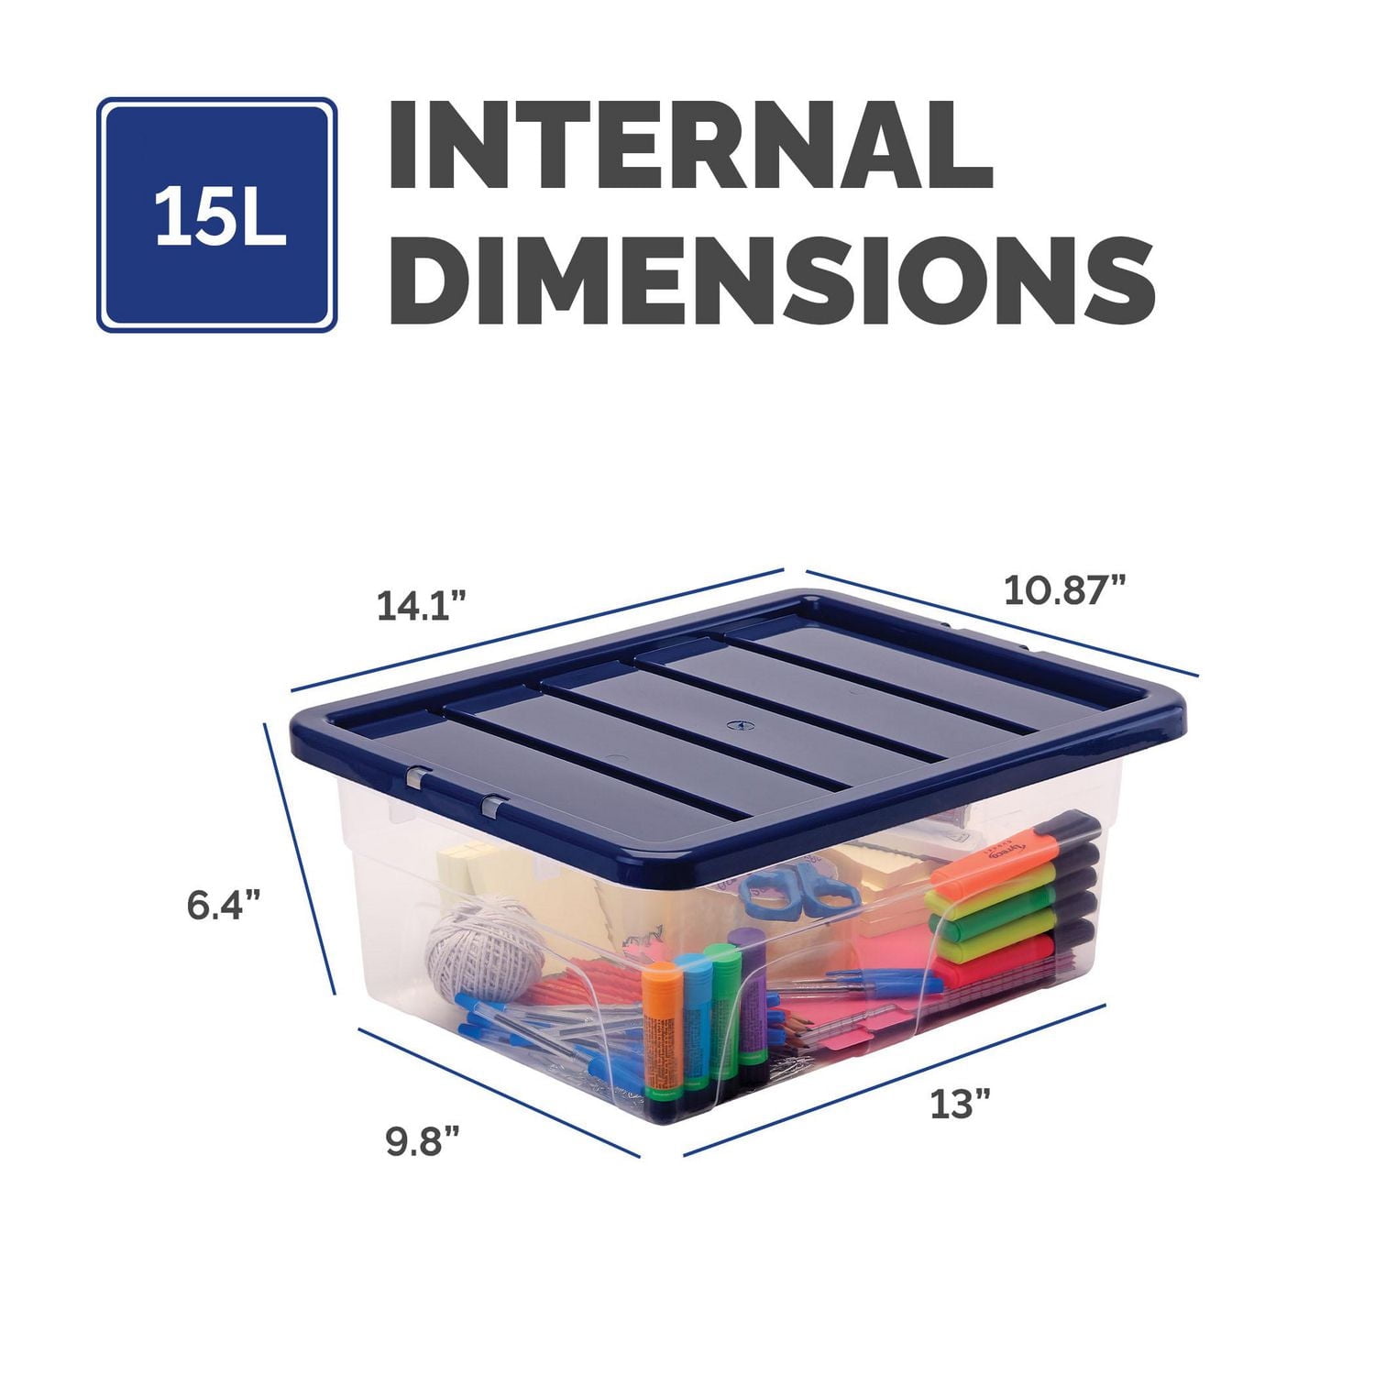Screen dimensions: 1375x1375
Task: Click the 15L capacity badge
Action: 217,214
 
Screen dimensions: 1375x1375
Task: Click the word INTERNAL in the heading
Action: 691,146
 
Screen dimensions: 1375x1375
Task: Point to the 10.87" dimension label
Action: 1064,589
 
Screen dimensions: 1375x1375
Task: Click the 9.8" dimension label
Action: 423,1141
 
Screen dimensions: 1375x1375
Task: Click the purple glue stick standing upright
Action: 751,990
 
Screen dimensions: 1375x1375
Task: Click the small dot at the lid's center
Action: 733,724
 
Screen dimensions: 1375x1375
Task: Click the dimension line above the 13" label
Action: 894,1080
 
